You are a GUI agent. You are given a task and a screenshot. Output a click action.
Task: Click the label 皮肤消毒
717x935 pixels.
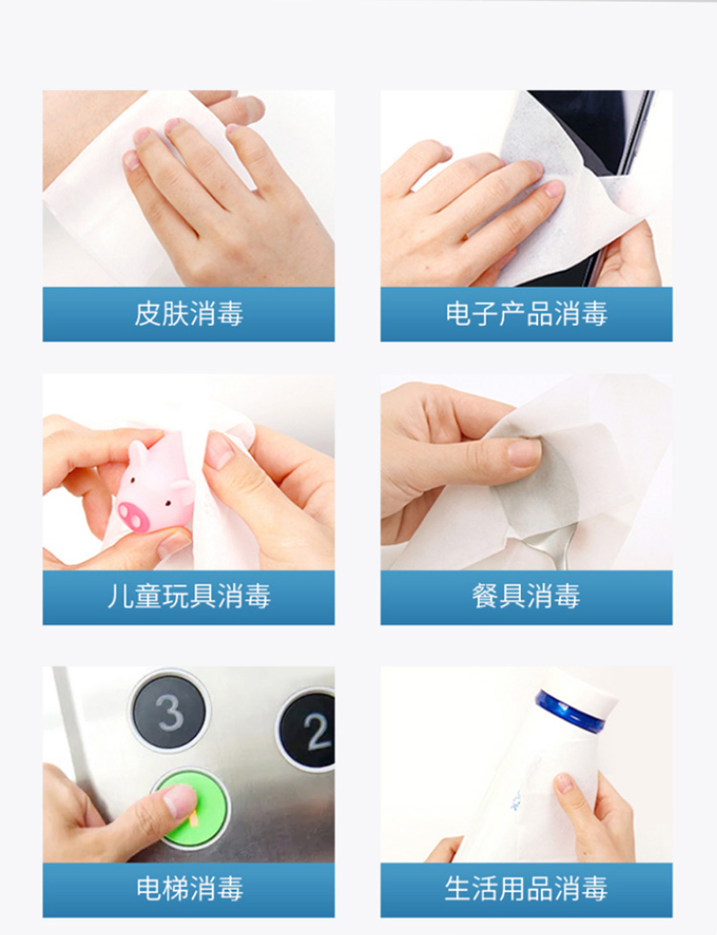pyautogui.click(x=188, y=314)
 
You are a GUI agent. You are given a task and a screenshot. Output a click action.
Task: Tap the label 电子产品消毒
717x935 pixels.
pyautogui.click(x=526, y=314)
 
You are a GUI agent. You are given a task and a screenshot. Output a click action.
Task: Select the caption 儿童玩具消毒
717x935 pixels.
pyautogui.click(x=188, y=597)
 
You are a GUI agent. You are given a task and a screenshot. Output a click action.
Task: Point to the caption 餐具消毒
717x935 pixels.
pyautogui.click(x=526, y=597)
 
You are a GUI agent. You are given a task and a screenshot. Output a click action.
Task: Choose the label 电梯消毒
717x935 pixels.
pyautogui.click(x=189, y=888)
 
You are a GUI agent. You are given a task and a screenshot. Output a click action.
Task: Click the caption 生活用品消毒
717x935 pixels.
pyautogui.click(x=526, y=888)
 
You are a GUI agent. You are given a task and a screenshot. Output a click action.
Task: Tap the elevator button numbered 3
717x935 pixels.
pyautogui.click(x=170, y=710)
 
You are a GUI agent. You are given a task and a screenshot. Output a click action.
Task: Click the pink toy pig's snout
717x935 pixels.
pyautogui.click(x=134, y=516)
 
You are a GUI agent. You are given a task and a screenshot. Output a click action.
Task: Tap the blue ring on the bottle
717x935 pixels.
pyautogui.click(x=569, y=710)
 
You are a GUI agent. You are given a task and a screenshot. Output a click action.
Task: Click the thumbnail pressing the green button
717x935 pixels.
pyautogui.click(x=181, y=800)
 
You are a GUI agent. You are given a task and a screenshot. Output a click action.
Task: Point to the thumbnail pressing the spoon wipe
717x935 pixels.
pyautogui.click(x=524, y=452)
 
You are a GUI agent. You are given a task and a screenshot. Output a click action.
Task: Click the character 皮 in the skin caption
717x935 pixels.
pyautogui.click(x=147, y=314)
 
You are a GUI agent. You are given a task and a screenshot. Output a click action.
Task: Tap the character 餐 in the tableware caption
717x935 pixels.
pyautogui.click(x=485, y=597)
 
